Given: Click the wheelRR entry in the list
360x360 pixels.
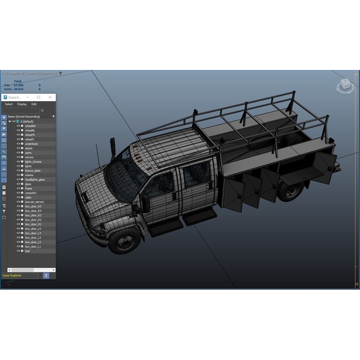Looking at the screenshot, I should pos(30,126).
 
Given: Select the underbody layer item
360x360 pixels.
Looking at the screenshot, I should pos(31,144).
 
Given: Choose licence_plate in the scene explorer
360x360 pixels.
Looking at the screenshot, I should pos(33,171).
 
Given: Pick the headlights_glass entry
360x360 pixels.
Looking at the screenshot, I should pos(35,180).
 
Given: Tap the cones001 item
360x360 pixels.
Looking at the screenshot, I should pos(31,193).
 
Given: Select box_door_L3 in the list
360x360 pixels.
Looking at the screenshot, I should pos(33,238).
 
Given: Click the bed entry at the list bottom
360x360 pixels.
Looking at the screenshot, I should pos(27,251).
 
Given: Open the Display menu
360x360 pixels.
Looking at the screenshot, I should pos(22,104).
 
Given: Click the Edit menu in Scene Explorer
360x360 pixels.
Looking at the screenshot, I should pos(34,104).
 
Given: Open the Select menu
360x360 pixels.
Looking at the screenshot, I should pos(9,104).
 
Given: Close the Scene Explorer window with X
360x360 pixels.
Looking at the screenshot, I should pos(50,97).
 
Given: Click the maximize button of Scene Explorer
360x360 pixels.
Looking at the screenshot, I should pos(39,97).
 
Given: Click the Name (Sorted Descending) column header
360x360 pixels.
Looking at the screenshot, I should pos(24,117).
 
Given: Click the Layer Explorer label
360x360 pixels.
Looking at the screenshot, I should pos(12,275).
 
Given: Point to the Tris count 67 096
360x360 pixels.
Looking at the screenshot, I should pos(19,85).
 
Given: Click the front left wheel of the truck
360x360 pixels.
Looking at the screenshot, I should pos(124,240).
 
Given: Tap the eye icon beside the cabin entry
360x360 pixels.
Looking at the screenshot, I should pos(18,197).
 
